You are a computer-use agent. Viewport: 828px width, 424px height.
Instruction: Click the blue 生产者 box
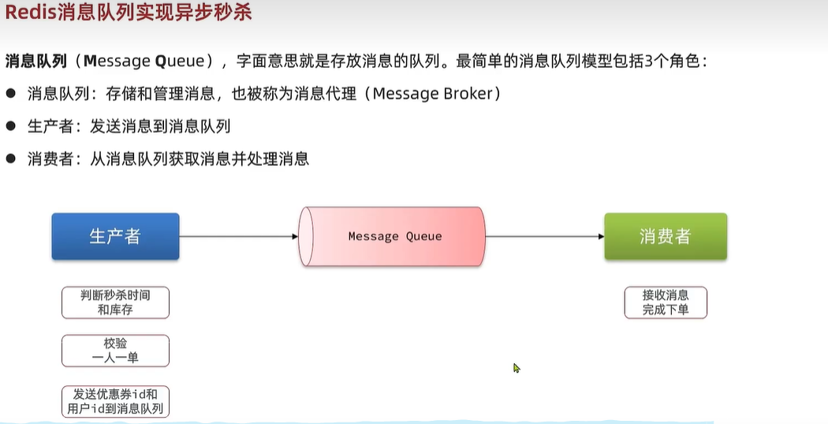[x=115, y=236]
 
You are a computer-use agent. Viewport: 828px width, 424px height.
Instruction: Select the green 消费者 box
[x=665, y=236]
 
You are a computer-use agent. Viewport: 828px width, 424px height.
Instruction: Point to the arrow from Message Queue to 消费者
[x=544, y=236]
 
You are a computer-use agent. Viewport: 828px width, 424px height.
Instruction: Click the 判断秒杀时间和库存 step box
[x=115, y=302]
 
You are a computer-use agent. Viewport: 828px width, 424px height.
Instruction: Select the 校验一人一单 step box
[x=115, y=351]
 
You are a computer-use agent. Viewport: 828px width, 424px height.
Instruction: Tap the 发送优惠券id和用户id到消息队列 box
[x=115, y=401]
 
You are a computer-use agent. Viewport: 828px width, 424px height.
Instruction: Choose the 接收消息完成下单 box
[x=665, y=302]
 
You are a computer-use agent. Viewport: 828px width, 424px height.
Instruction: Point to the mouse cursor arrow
[x=517, y=367]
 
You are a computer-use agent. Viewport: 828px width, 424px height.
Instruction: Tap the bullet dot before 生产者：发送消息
[x=11, y=126]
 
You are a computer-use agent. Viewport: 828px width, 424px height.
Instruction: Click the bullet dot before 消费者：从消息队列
[x=11, y=159]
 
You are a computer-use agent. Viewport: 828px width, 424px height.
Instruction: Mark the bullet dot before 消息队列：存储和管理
[x=11, y=93]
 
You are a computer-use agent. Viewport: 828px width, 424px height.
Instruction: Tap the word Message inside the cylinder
[x=374, y=236]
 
